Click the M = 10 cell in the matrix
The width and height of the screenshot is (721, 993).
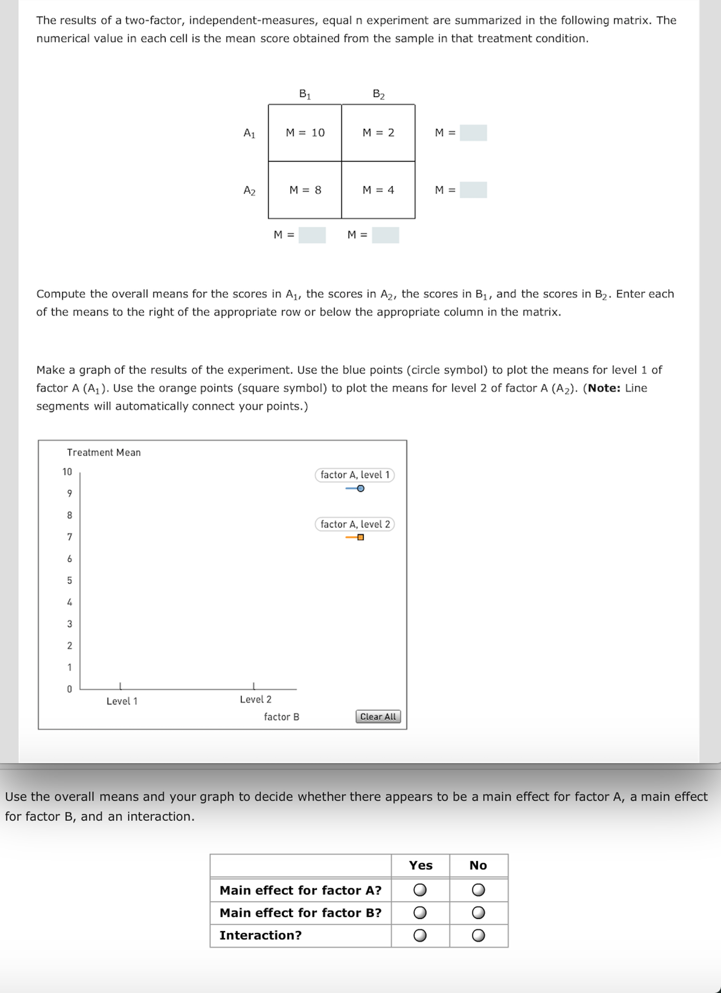tap(305, 133)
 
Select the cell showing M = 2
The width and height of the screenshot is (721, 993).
tap(378, 133)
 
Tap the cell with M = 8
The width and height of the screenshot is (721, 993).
tap(305, 190)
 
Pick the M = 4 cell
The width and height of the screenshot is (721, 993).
tap(378, 190)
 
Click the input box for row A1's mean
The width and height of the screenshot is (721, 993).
tap(473, 133)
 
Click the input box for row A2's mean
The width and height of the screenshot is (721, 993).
tap(473, 190)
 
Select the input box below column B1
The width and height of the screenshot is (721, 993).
tap(312, 235)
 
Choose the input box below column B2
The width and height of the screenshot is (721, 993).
tap(385, 235)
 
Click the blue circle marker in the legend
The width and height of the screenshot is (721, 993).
tap(360, 488)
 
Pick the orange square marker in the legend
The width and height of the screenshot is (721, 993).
tap(360, 537)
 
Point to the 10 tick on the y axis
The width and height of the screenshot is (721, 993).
tap(67, 472)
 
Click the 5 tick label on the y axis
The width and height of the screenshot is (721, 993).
tap(69, 580)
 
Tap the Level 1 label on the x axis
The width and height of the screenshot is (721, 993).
tap(122, 701)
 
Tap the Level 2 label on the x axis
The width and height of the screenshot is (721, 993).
tap(256, 699)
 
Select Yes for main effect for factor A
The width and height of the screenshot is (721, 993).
tap(420, 890)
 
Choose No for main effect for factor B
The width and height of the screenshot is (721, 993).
tap(478, 913)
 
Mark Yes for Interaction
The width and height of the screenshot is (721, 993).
tap(420, 935)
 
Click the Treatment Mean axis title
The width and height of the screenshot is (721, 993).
tap(104, 452)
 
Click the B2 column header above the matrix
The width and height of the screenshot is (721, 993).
tap(378, 94)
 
